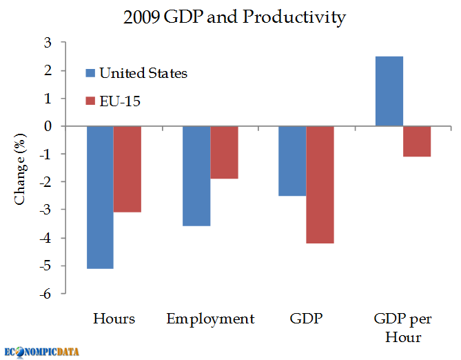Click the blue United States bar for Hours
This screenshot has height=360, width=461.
pyautogui.click(x=100, y=197)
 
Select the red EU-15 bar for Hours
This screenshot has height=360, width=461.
pyautogui.click(x=127, y=169)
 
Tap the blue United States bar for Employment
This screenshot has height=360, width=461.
pyautogui.click(x=196, y=176)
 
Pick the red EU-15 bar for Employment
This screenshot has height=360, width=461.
pyautogui.click(x=225, y=152)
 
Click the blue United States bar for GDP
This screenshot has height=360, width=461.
pyautogui.click(x=292, y=161)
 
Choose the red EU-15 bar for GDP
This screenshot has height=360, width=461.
pyautogui.click(x=320, y=185)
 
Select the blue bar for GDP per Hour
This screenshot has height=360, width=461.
pyautogui.click(x=389, y=91)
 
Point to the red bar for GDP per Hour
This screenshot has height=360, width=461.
pyautogui.click(x=417, y=141)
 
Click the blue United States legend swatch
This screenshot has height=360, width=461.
pyautogui.click(x=90, y=73)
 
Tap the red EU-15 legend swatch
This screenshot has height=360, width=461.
pyautogui.click(x=90, y=101)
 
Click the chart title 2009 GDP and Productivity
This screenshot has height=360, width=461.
pyautogui.click(x=234, y=17)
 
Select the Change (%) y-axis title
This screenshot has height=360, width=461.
pyautogui.click(x=20, y=169)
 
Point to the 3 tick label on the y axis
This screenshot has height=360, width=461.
pyautogui.click(x=48, y=43)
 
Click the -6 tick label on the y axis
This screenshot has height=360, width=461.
pyautogui.click(x=45, y=294)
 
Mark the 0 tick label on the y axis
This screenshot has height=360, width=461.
pyautogui.click(x=48, y=126)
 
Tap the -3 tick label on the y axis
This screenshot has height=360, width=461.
pyautogui.click(x=45, y=210)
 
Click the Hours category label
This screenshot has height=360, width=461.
pyautogui.click(x=114, y=319)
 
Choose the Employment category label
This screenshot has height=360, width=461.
pyautogui.click(x=210, y=319)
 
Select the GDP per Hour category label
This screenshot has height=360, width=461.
pyautogui.click(x=403, y=328)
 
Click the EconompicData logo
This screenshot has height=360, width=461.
pyautogui.click(x=41, y=352)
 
